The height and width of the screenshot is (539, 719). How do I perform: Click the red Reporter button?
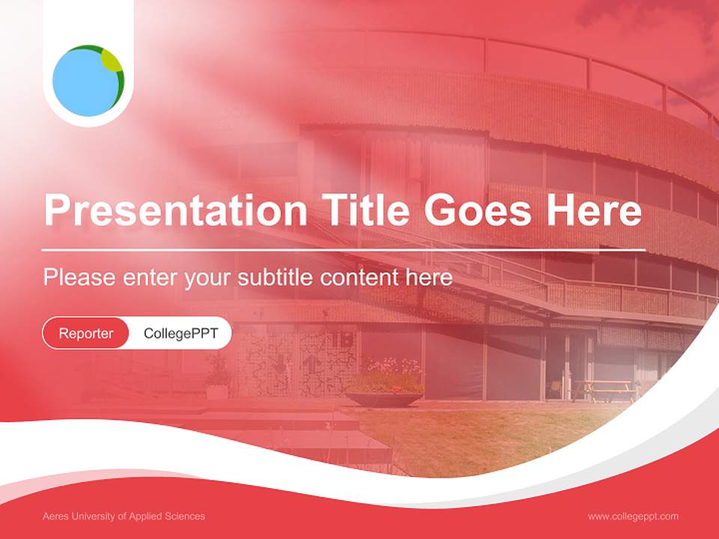point(86,333)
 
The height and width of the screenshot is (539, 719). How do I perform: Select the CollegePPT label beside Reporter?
point(180,333)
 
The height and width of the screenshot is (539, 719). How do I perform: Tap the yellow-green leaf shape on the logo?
point(112,61)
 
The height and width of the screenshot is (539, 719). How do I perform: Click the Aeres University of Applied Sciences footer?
point(124,517)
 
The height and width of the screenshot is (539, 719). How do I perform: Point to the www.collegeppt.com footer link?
point(633,517)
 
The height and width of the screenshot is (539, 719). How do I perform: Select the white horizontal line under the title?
point(343,250)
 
